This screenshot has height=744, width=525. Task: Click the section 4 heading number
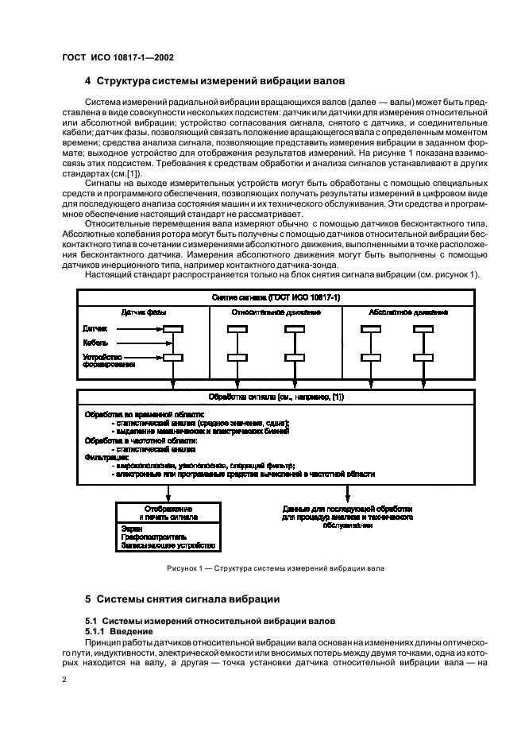coord(88,80)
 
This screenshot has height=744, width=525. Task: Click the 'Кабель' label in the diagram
coord(95,343)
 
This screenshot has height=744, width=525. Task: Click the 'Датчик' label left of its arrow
coord(95,327)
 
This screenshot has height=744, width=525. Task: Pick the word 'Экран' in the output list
coord(132,527)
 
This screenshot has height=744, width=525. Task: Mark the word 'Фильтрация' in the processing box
coord(101,457)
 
